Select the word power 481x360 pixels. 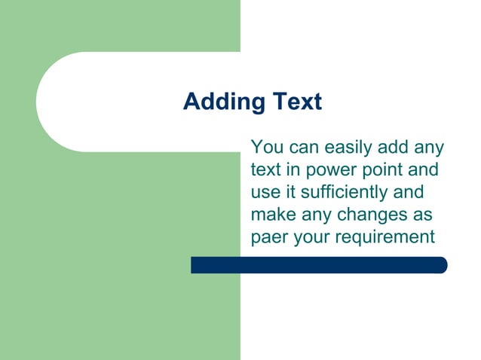pyautogui.click(x=328, y=170)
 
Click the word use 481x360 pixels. pyautogui.click(x=264, y=193)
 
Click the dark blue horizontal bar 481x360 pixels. pyautogui.click(x=318, y=265)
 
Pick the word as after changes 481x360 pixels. pyautogui.click(x=422, y=215)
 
